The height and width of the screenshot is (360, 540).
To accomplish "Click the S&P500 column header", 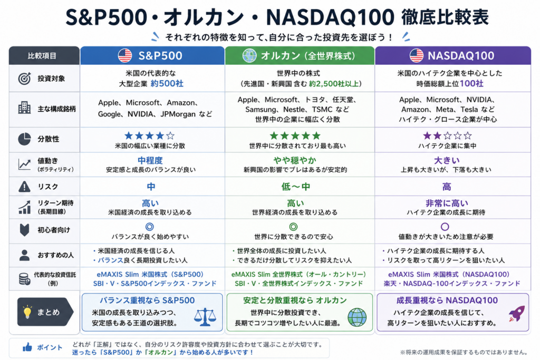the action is pos(152,55).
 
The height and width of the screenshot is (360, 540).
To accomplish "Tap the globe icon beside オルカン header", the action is pos(249,55).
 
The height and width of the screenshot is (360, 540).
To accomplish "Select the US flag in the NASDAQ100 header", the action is pos(417,55).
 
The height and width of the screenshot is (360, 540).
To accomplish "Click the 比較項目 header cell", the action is pos(44,55).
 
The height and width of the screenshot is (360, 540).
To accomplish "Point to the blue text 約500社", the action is pos(167,84).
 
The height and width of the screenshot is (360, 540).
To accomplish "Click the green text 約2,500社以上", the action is pos(333,84).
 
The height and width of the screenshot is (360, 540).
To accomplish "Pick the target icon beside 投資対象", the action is pos(24,79).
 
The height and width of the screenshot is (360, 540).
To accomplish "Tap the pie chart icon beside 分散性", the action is pos(24,139).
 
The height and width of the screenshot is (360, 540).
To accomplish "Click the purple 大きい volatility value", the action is pos(446,160).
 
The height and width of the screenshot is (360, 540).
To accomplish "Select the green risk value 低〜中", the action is pos(295,187).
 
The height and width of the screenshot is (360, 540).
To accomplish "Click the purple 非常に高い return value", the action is pos(447,203).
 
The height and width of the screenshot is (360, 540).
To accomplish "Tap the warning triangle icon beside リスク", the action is pos(24,186).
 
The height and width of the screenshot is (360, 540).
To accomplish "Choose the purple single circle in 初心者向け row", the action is pos(445,227).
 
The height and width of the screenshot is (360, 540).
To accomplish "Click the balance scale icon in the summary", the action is pos(205,317).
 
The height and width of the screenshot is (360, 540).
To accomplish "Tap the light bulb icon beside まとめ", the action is pos(27,312).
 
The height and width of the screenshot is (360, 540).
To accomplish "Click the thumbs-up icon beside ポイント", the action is pos(27,347).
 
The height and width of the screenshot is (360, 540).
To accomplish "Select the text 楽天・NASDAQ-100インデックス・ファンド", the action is pos(452,284).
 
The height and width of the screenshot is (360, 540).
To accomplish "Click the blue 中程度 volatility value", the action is pos(150,160).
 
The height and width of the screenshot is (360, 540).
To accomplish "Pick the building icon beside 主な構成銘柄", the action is pos(24,109).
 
